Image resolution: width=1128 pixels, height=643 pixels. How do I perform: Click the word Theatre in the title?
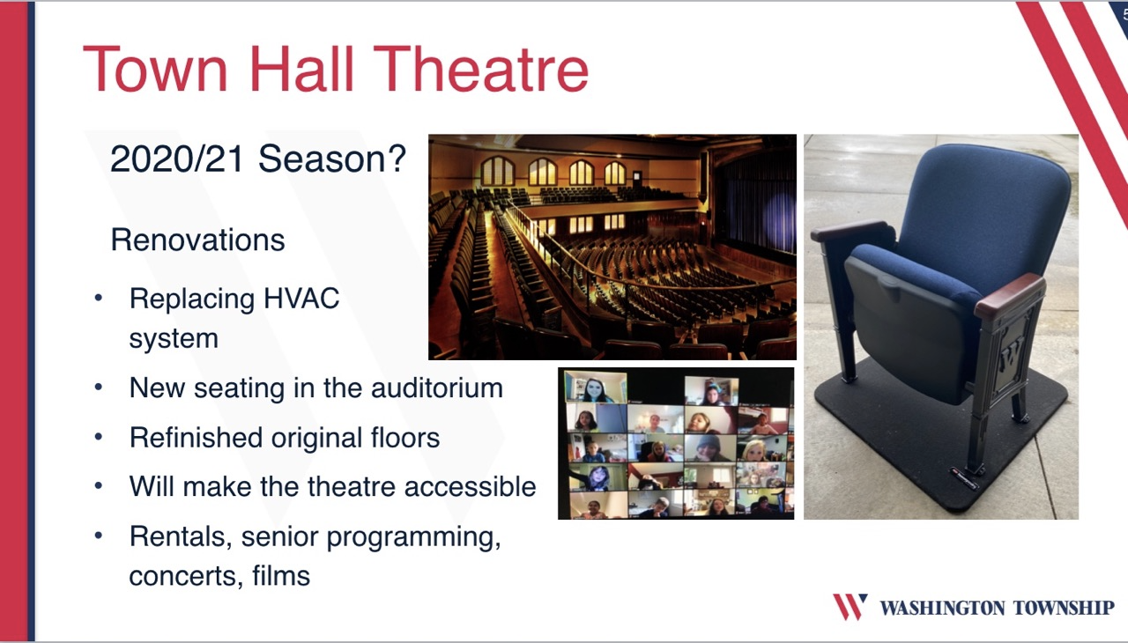pos(480,69)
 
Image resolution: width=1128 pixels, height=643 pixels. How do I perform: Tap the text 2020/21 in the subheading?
pos(177,159)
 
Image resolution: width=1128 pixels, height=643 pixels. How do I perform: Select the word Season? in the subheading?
pos(332,159)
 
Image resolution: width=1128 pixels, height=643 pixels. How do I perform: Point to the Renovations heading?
pos(197,240)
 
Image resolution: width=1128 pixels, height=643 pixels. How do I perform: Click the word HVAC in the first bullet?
pos(301,299)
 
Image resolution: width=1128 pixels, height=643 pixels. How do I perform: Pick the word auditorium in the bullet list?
pos(436,388)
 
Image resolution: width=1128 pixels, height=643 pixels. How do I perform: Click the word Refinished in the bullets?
pos(196,437)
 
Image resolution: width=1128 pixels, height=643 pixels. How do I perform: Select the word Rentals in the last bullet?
pos(181,536)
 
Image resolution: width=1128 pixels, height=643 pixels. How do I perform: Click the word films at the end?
pos(281,575)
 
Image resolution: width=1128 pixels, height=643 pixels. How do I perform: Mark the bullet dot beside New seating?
pos(98,388)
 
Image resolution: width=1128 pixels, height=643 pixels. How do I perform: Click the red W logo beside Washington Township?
pos(850,606)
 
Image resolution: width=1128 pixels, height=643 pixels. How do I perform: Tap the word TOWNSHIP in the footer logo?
pos(1064,608)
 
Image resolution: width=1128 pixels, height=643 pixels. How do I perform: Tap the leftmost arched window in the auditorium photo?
pos(497,171)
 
